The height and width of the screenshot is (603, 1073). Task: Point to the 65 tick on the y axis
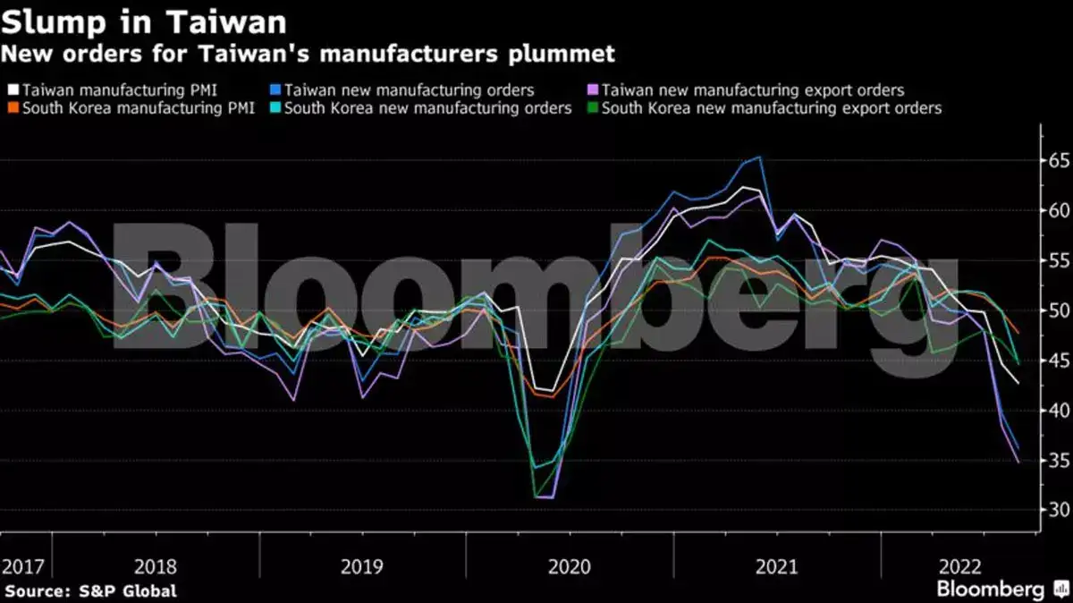click(1059, 161)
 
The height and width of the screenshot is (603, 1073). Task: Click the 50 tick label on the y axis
click(1059, 310)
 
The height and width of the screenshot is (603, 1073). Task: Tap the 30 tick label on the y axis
click(1059, 510)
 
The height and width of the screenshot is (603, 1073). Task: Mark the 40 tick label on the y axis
click(1059, 411)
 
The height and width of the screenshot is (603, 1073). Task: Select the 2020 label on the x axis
click(570, 566)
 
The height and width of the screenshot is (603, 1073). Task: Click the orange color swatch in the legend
click(13, 108)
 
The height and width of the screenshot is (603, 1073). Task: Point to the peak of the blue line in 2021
click(760, 157)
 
